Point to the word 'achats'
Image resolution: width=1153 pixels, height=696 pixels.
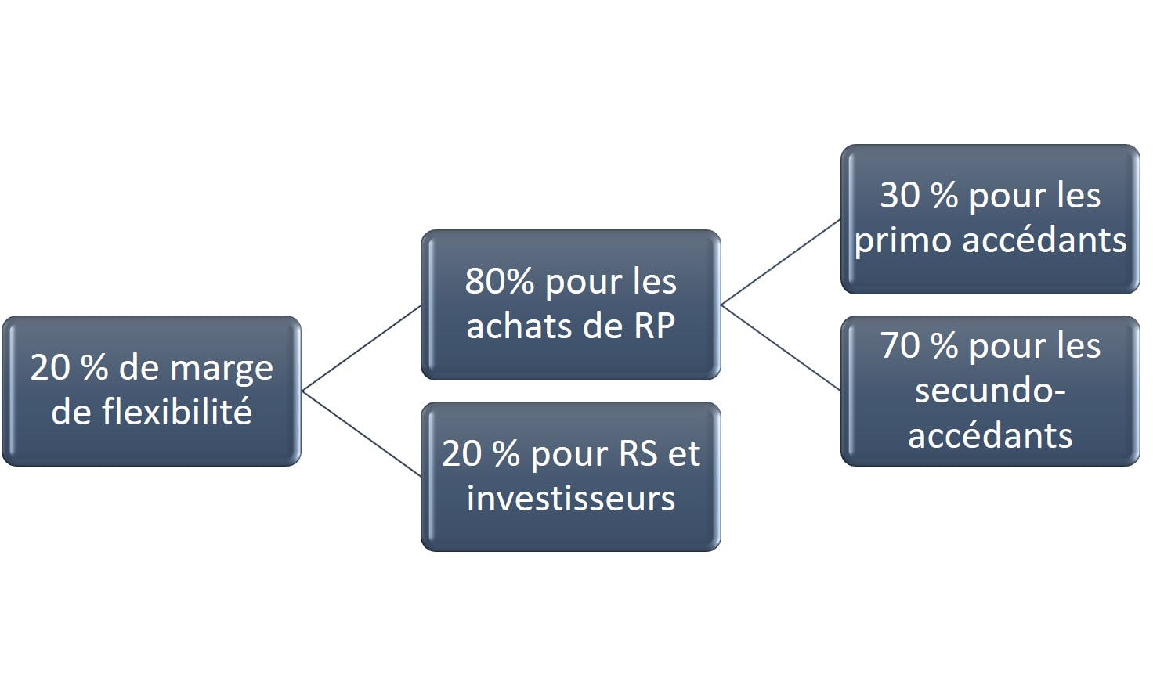(x=520, y=326)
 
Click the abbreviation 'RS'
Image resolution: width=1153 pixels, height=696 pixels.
(x=638, y=454)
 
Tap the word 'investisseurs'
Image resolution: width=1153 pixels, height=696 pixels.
(x=571, y=499)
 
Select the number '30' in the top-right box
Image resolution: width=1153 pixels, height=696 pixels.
(x=900, y=196)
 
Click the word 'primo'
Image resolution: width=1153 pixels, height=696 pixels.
(x=902, y=242)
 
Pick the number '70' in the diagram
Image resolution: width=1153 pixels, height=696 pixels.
(x=900, y=346)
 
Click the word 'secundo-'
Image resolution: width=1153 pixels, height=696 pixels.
(x=990, y=390)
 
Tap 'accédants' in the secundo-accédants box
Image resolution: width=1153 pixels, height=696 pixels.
(x=990, y=435)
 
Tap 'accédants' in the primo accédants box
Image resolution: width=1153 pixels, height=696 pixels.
(x=1044, y=240)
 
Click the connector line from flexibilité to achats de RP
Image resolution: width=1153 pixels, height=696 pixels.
(x=361, y=348)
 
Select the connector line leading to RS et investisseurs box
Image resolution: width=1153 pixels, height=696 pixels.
(x=361, y=434)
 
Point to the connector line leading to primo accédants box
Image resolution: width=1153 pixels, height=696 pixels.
(x=782, y=262)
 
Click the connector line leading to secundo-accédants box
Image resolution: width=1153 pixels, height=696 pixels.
(x=782, y=348)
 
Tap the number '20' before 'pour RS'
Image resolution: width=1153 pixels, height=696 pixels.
(x=461, y=454)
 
